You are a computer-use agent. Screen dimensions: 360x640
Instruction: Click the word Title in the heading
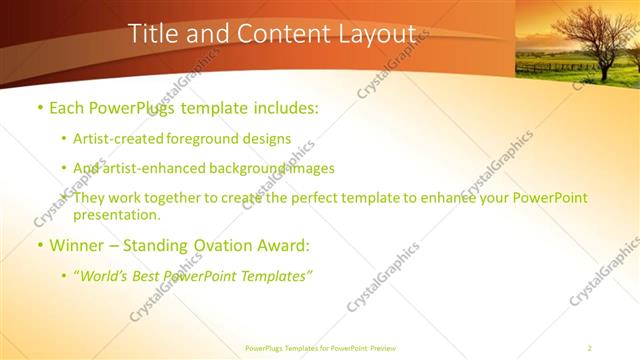click(153, 34)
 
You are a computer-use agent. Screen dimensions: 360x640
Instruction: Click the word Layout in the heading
click(368, 34)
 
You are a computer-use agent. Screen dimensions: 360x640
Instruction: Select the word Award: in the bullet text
click(286, 245)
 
